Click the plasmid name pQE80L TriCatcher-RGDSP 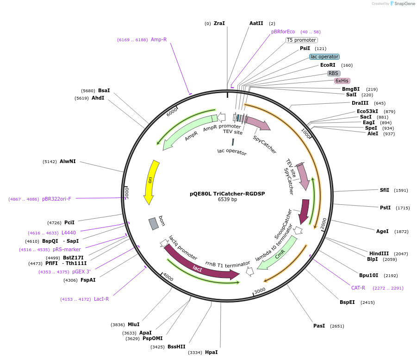[x=227, y=194]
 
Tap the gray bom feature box [x=153, y=224]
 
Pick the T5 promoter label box [x=301, y=40]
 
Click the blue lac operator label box [x=324, y=57]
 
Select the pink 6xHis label [x=342, y=81]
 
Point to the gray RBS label [x=333, y=73]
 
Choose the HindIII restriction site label [x=379, y=253]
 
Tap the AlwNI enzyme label [x=68, y=162]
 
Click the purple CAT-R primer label [x=358, y=288]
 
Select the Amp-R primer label [x=158, y=39]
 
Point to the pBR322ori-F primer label [x=56, y=199]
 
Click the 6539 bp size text [x=227, y=200]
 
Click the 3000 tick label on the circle [x=260, y=291]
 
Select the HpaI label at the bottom [x=211, y=352]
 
